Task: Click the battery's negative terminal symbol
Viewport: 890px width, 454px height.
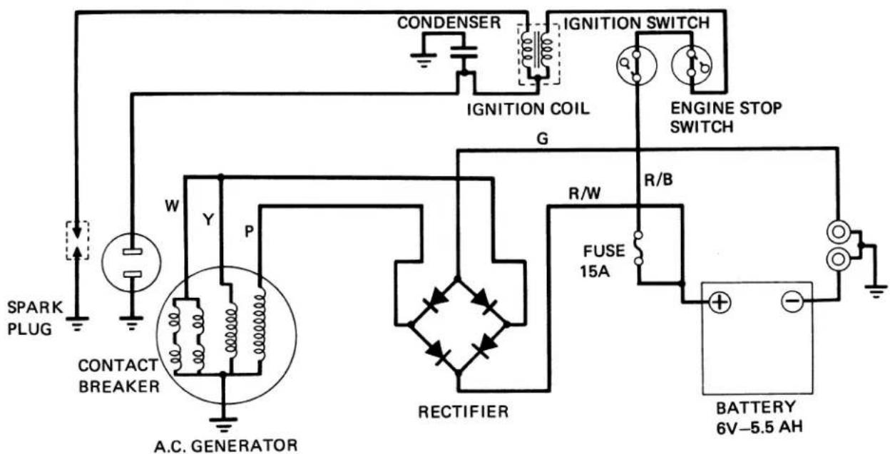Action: (x=792, y=301)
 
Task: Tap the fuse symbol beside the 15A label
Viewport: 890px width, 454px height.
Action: (x=638, y=248)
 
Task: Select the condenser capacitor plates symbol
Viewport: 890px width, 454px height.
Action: (x=464, y=53)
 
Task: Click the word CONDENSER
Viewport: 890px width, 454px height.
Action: (x=449, y=23)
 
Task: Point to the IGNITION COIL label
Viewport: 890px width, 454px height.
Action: (x=528, y=109)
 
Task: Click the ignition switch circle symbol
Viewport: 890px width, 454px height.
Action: (x=636, y=66)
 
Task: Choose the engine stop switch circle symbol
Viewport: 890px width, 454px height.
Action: (x=692, y=65)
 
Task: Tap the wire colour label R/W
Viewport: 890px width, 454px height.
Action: (x=585, y=193)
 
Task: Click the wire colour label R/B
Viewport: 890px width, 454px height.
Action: (x=658, y=180)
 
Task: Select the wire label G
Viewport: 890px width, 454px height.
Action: (x=542, y=138)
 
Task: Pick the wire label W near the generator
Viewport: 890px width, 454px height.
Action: (x=172, y=206)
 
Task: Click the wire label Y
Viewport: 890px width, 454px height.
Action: (x=208, y=220)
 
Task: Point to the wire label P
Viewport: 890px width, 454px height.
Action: (x=249, y=231)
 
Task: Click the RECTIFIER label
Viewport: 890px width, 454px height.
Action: (x=464, y=411)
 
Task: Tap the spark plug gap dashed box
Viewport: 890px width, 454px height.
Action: (x=77, y=241)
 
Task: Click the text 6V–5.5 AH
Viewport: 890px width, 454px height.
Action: (x=759, y=428)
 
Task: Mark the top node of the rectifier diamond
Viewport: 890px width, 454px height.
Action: (x=458, y=278)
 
